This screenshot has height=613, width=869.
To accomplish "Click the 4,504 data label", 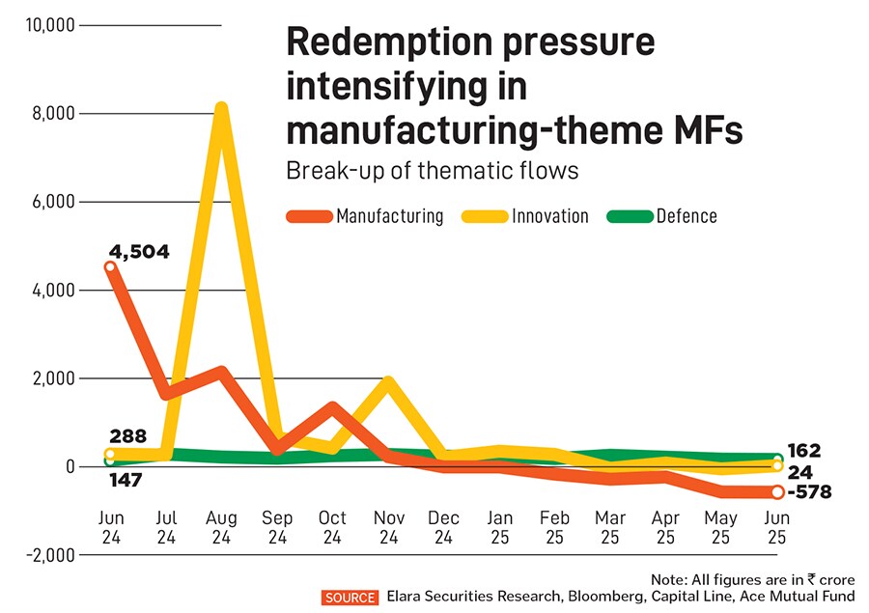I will (x=138, y=253).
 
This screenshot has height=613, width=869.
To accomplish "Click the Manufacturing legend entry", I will (x=390, y=216).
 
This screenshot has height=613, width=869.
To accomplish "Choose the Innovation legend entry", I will (x=551, y=216).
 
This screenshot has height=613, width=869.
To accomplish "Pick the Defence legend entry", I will (x=687, y=216).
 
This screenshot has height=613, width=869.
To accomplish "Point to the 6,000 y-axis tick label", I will (x=52, y=202).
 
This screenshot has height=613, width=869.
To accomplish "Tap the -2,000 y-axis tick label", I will (x=48, y=555).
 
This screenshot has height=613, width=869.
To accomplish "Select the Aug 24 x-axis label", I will (x=221, y=527).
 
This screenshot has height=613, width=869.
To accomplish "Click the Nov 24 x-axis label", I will (x=387, y=527).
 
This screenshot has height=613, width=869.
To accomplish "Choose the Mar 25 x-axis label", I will (x=610, y=527).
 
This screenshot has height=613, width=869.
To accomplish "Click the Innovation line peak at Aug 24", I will (x=221, y=107).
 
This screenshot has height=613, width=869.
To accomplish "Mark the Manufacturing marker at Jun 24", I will (x=110, y=267).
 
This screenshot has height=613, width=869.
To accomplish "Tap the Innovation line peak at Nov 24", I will (x=387, y=381).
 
